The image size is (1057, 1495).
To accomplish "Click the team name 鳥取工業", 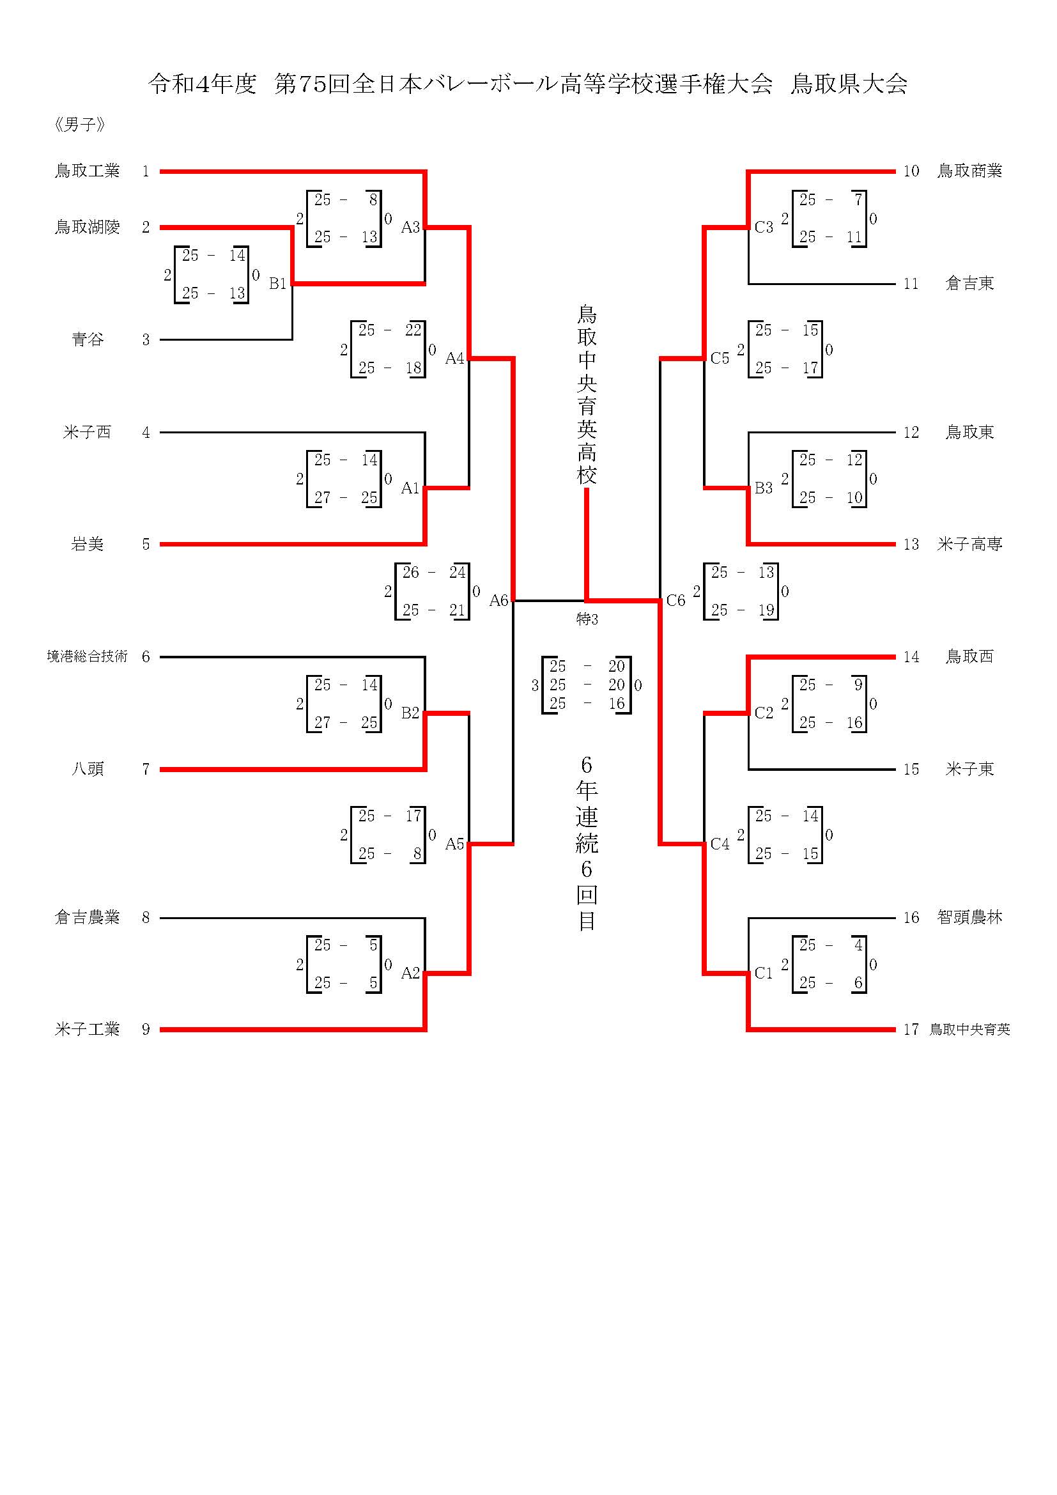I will coord(87,171).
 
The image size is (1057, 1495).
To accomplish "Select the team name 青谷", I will coord(87,339).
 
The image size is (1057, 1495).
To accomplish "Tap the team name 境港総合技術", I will coord(87,656).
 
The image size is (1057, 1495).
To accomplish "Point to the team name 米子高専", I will coord(969,544).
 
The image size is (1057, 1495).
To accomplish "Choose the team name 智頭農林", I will coord(969,917).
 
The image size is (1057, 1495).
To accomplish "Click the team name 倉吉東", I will coord(969,283).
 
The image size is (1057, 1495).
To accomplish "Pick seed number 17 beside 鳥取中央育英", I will coord(911,1030).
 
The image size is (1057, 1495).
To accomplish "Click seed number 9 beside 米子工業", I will coord(146,1030).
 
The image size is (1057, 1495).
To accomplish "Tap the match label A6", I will coord(498,600).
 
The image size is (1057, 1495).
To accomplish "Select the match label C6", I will coord(675,600).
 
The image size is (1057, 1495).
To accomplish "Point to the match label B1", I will coord(278,283).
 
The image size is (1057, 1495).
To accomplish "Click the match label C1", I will coord(764,973).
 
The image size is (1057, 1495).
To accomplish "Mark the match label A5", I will coord(454,844).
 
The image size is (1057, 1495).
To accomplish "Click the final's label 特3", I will coord(587,619).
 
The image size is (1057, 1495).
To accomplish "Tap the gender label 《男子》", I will coord(79,125).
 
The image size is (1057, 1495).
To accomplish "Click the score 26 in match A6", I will coord(411,572).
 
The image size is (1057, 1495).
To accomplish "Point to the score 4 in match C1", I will coord(858,945).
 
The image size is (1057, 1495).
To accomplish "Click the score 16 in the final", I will coord(616,704).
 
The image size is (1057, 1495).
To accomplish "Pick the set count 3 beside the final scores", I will coord(535,685).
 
